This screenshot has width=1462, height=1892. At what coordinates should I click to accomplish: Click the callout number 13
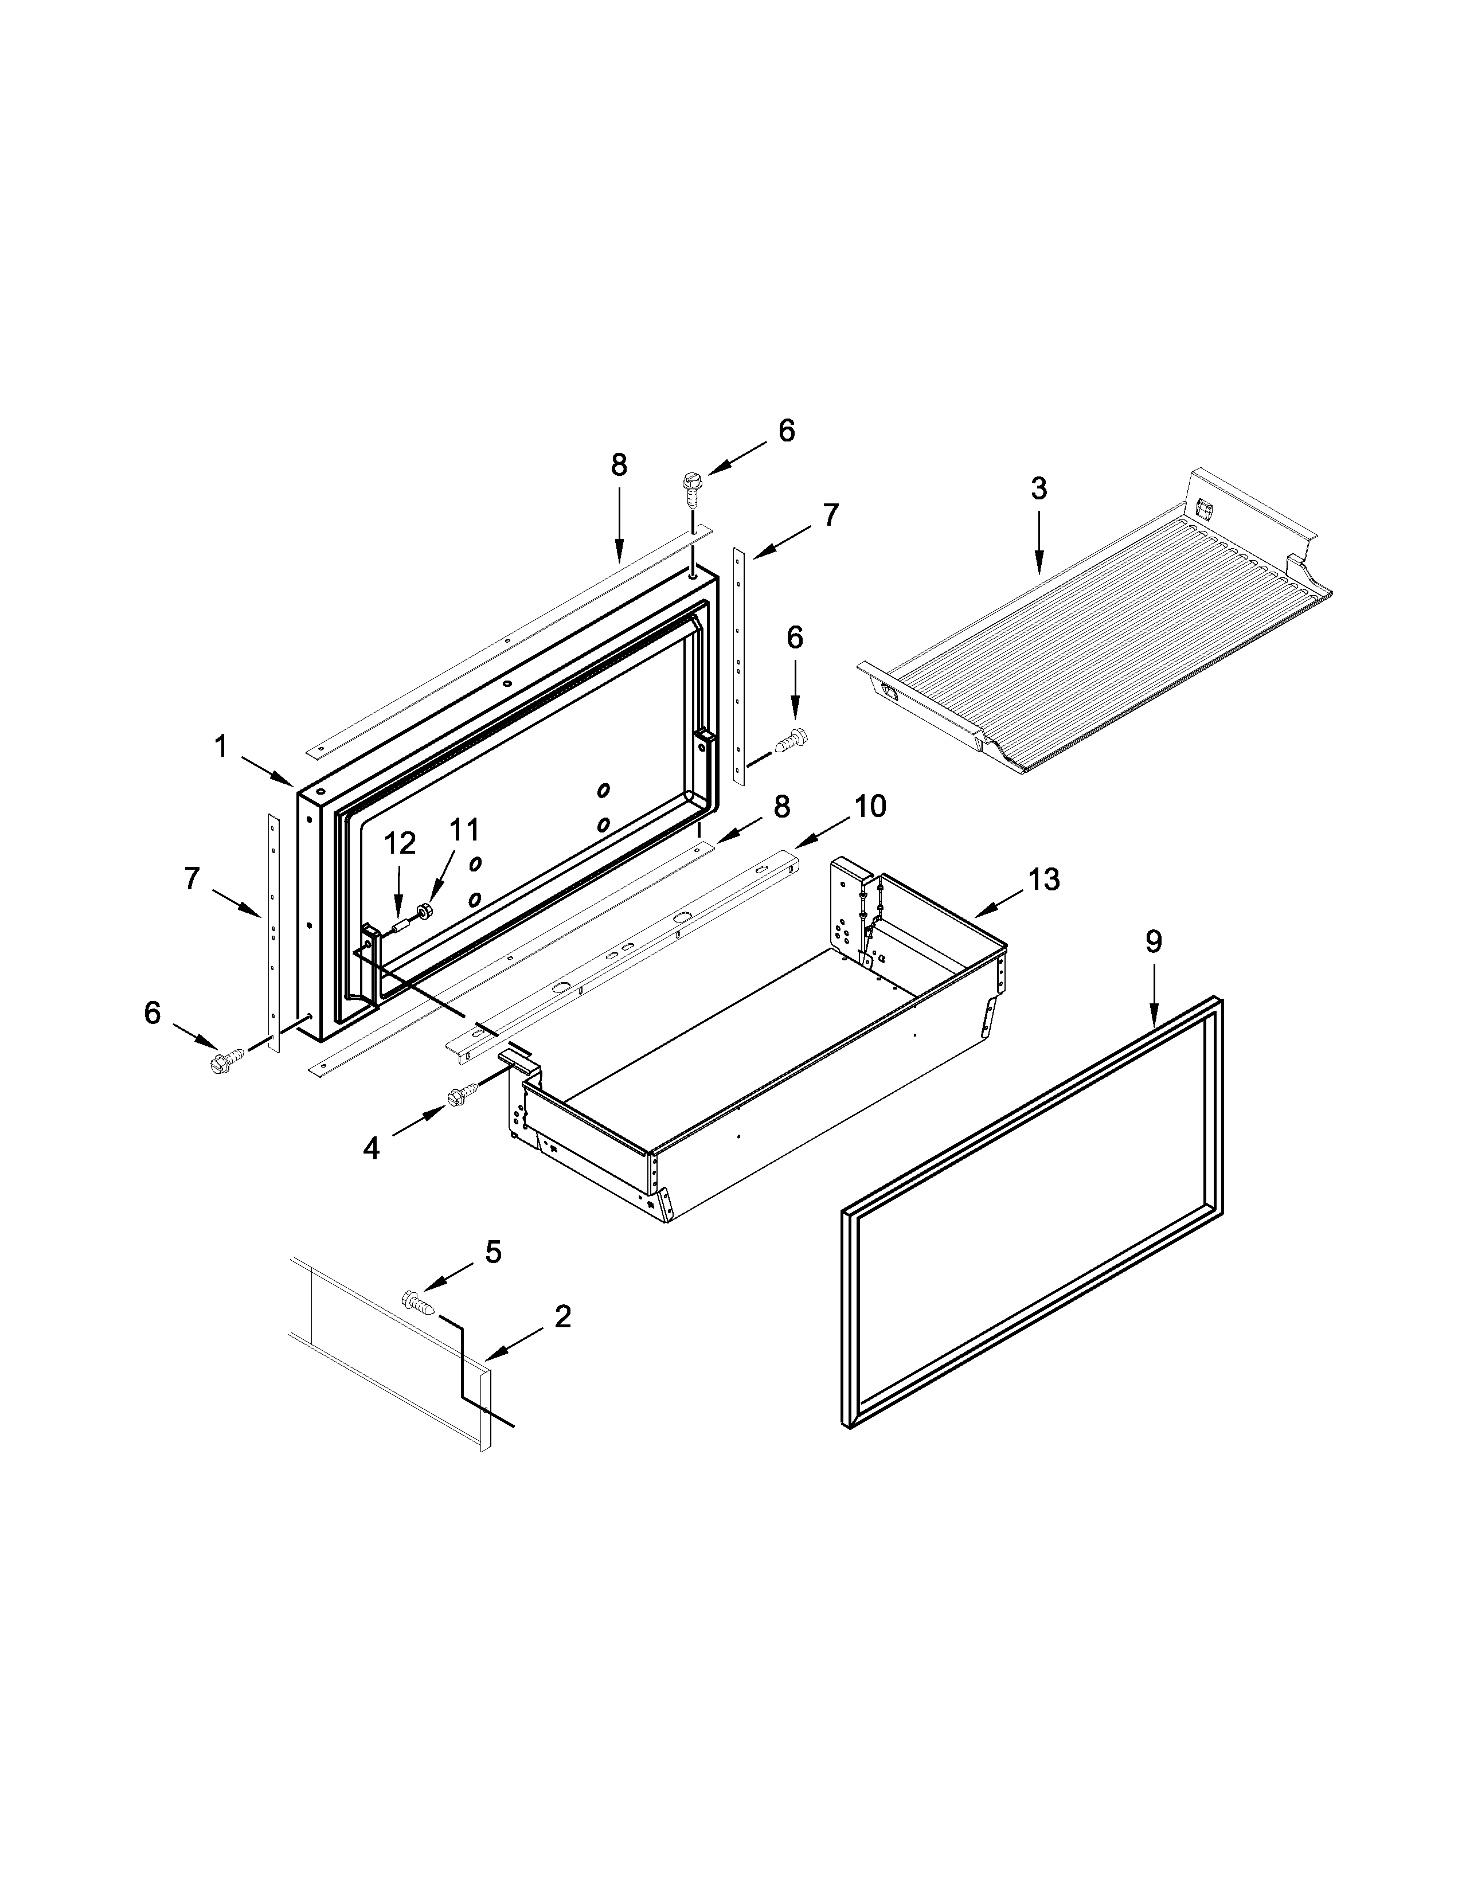pyautogui.click(x=1043, y=879)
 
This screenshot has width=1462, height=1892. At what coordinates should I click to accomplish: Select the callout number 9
pyautogui.click(x=1153, y=941)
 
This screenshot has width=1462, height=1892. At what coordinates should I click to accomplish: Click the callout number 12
pyautogui.click(x=399, y=843)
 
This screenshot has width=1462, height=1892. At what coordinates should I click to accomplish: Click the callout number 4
pyautogui.click(x=371, y=1149)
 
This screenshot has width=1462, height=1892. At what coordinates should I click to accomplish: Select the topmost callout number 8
pyautogui.click(x=619, y=465)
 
